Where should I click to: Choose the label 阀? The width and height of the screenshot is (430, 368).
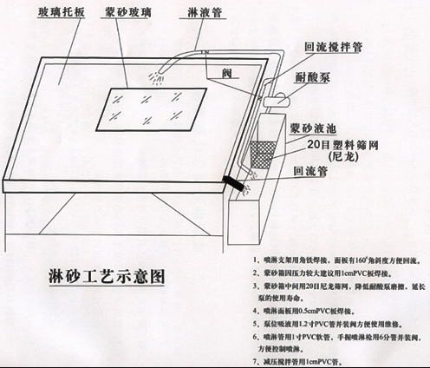click(226, 72)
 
